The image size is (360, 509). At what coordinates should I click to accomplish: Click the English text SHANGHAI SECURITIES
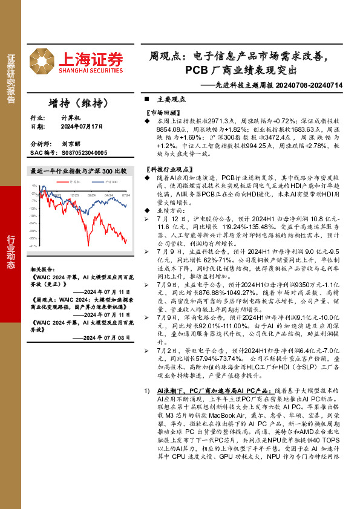[x=91, y=71]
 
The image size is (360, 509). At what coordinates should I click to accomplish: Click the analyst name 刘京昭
[x=70, y=144]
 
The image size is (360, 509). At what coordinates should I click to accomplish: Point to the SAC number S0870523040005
[x=85, y=153]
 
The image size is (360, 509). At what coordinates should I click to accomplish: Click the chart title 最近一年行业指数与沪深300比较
[x=79, y=171]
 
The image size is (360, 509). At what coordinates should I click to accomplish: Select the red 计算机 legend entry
[x=74, y=181]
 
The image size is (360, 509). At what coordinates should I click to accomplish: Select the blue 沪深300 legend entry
[x=110, y=181]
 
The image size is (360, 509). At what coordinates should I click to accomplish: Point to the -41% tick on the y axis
[x=33, y=246]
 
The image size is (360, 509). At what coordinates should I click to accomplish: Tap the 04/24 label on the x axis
[x=109, y=195]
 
